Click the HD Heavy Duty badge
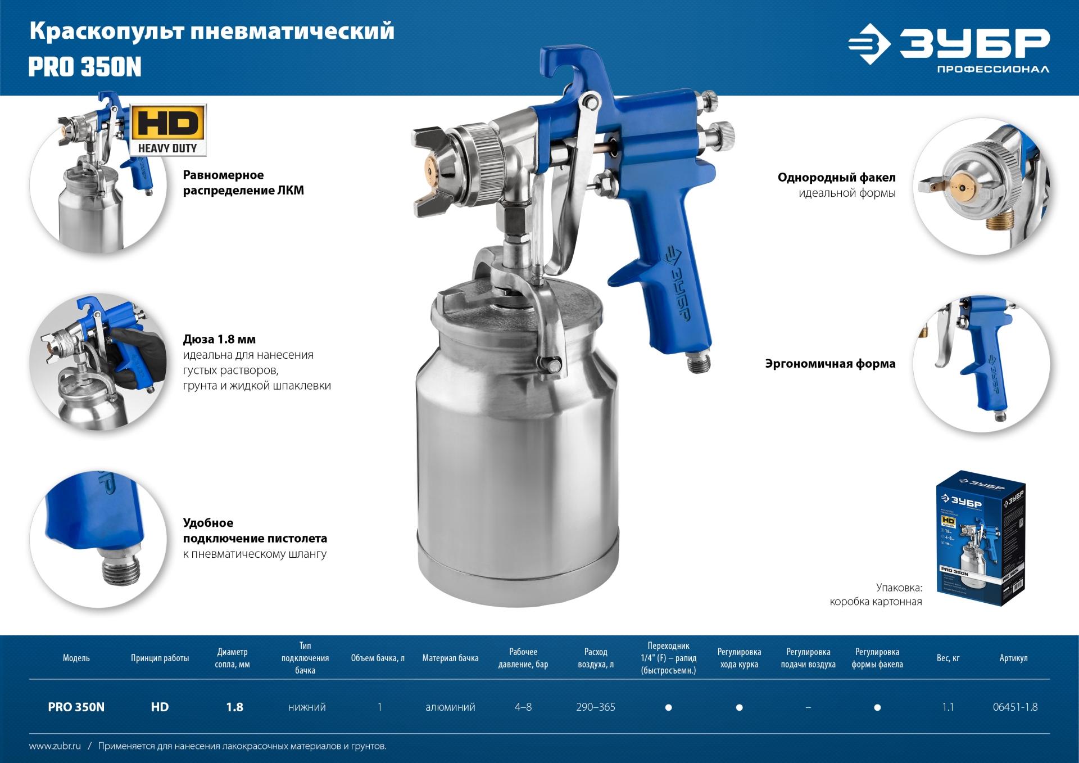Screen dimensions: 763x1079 point(168,130)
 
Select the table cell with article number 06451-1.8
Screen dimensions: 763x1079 point(1015,707)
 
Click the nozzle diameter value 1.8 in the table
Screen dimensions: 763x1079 point(234,707)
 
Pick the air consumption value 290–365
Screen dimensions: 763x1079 point(596,707)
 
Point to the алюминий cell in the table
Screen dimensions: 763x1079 point(450,707)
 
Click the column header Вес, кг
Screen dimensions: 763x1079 point(948,658)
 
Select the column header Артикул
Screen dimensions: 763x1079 point(1013,658)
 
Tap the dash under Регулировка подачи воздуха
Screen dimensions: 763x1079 point(808,707)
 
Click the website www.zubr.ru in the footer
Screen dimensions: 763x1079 point(55,746)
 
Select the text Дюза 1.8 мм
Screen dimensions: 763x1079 point(219,339)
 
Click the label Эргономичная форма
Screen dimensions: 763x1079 point(830,364)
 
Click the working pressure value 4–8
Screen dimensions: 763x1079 point(523,707)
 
